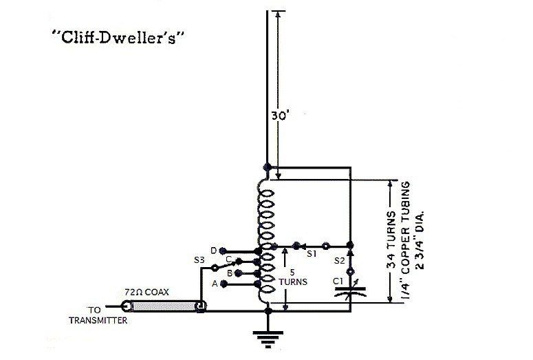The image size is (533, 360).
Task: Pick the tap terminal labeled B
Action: (222, 273)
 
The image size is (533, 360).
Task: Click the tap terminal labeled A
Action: (222, 284)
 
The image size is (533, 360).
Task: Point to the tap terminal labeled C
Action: (237, 261)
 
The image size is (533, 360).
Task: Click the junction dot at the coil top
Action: (267, 167)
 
